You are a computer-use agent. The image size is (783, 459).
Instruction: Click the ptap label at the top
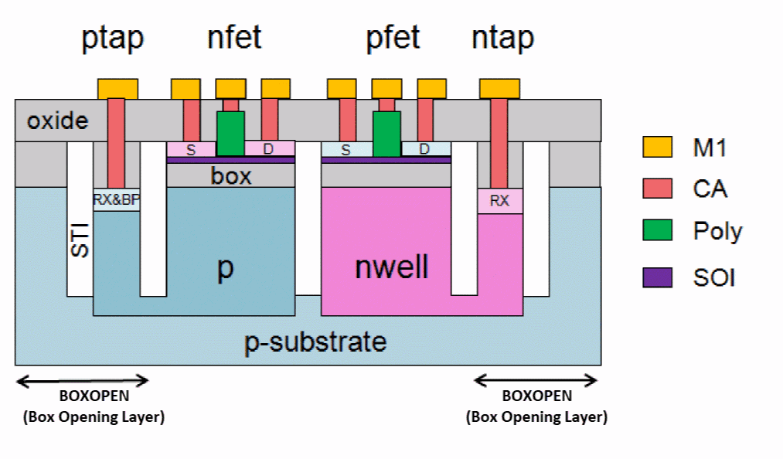click(113, 38)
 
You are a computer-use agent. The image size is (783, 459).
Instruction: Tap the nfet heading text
click(234, 36)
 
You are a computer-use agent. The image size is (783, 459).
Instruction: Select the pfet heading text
click(393, 36)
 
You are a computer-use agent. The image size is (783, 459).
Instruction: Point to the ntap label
click(502, 36)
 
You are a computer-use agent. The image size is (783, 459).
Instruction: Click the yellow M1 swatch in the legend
click(657, 147)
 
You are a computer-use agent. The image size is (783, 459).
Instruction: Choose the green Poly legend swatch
click(657, 231)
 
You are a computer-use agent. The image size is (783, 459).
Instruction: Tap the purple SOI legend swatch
click(657, 276)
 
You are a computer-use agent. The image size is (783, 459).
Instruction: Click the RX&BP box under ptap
click(117, 199)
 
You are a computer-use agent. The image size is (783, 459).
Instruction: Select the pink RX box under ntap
click(500, 201)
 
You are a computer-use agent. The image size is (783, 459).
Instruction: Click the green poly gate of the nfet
click(230, 133)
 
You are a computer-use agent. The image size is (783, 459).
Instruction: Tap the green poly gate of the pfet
click(386, 133)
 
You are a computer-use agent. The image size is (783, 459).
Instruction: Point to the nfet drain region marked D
click(269, 148)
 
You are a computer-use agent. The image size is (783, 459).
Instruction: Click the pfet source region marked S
click(346, 149)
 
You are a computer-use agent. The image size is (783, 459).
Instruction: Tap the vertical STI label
click(80, 240)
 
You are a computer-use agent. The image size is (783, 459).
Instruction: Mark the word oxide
click(58, 121)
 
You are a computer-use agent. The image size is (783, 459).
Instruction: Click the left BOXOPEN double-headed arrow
click(83, 380)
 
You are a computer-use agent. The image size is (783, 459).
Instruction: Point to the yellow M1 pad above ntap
click(499, 89)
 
